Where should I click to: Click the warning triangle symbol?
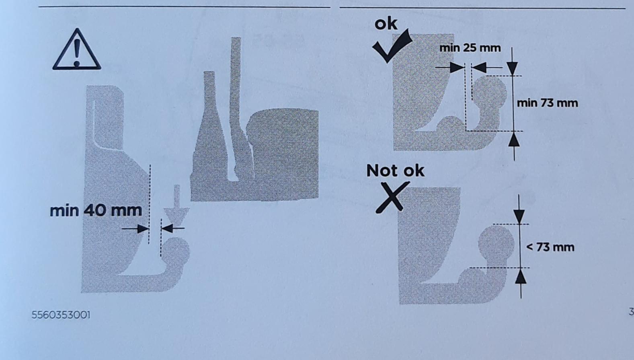click(x=76, y=50)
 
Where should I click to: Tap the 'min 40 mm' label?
click(x=96, y=211)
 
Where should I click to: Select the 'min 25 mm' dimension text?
click(x=470, y=48)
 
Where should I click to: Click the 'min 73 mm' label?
click(x=548, y=103)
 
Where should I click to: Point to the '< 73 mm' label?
click(x=550, y=247)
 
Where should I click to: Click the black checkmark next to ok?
click(x=392, y=45)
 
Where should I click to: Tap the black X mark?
click(x=392, y=197)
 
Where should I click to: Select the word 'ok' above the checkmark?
click(x=386, y=24)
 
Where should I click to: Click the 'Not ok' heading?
click(x=396, y=171)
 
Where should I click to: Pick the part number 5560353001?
click(x=61, y=315)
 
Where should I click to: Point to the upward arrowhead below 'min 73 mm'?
click(x=514, y=139)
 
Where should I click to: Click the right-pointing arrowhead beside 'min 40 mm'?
click(x=143, y=228)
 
